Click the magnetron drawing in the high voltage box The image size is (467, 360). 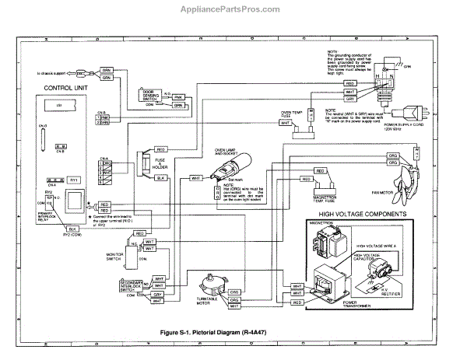pyautogui.click(x=325, y=246)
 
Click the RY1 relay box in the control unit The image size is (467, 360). pyautogui.click(x=74, y=180)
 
